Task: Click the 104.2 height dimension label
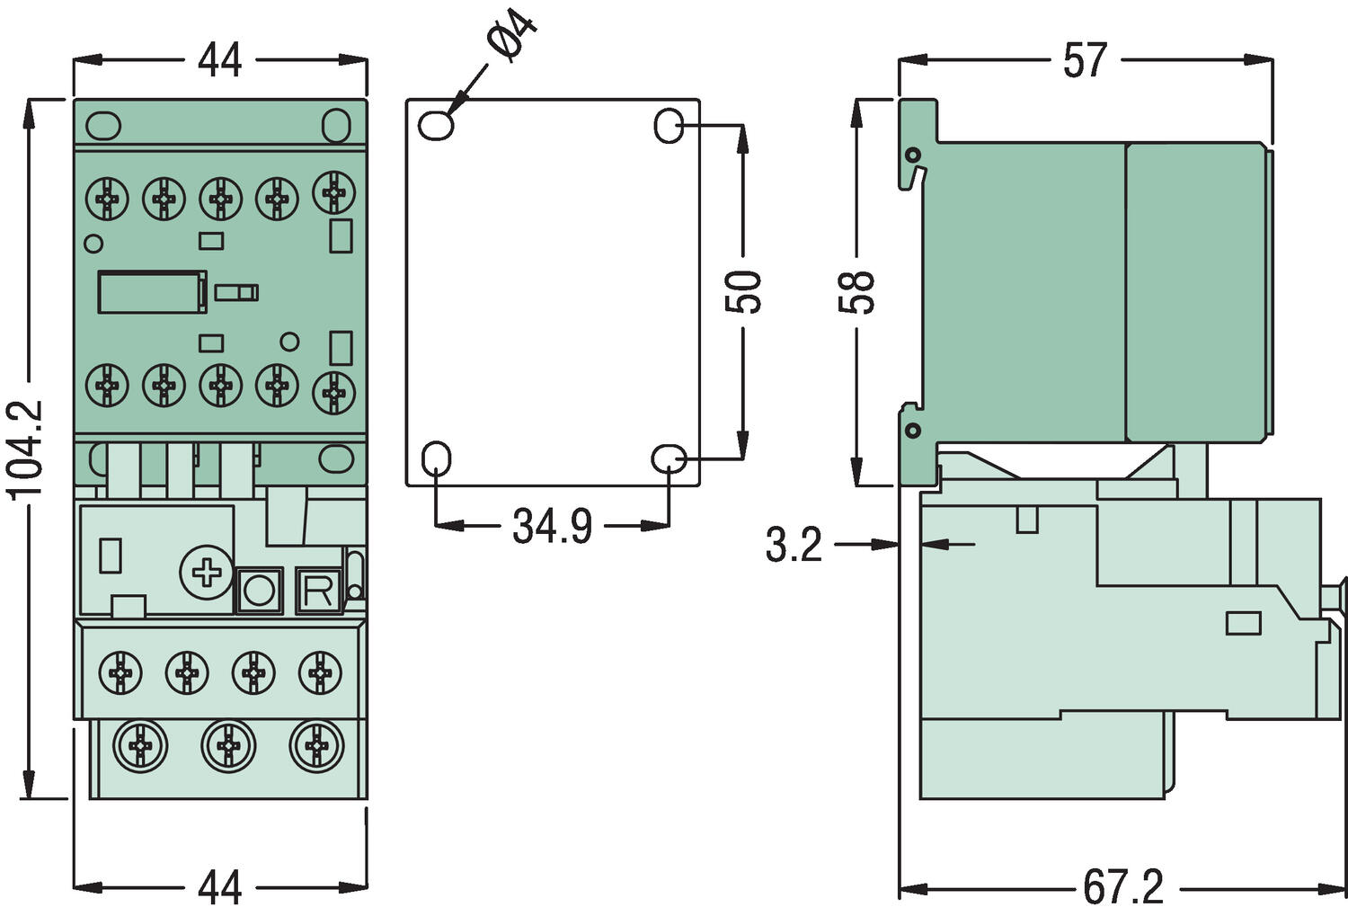point(24,449)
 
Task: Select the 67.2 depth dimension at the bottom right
point(1122,887)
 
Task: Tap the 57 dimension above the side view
point(1085,61)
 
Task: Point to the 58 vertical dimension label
point(857,291)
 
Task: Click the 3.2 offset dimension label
point(794,545)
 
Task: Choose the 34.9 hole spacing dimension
point(552,527)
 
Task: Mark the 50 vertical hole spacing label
point(743,291)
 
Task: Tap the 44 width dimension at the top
point(220,61)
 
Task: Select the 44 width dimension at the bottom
point(220,887)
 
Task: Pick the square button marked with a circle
point(259,591)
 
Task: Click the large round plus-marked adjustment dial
point(206,572)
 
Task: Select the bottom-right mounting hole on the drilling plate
point(669,459)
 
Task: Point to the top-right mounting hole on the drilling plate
point(669,126)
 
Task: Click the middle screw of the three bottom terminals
point(228,745)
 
